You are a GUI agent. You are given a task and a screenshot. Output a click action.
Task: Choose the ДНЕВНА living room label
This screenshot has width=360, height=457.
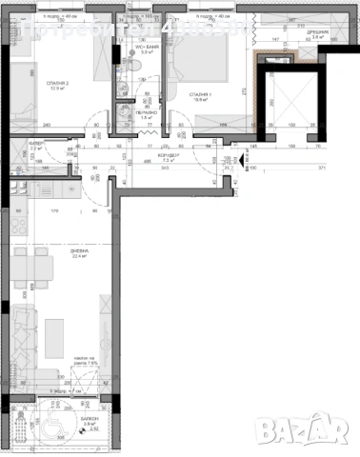coord(79,250)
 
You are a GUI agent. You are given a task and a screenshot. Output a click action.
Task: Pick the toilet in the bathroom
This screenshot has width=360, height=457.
coord(134,65)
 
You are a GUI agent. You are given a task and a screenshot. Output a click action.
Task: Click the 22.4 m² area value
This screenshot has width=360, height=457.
coord(79,257)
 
